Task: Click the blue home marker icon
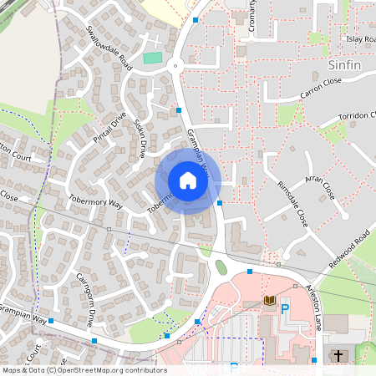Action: point(188,180)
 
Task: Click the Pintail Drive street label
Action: point(109,127)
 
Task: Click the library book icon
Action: point(269,301)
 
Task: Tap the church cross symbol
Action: point(338,356)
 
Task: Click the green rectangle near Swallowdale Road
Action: point(151,58)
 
